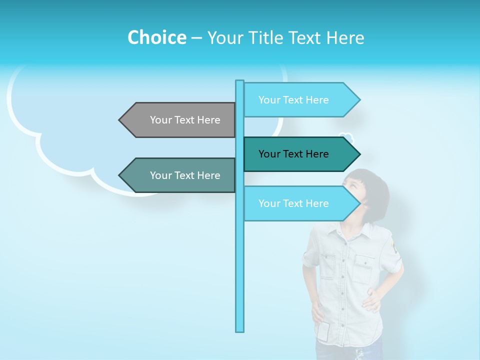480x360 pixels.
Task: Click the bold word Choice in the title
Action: tap(156, 37)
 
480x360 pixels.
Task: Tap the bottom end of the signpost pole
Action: tap(240, 330)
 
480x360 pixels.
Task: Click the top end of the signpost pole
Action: tap(240, 81)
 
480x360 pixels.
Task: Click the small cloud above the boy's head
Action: tap(345, 137)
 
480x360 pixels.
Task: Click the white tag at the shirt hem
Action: tap(324, 331)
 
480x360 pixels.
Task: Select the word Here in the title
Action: tap(345, 37)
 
